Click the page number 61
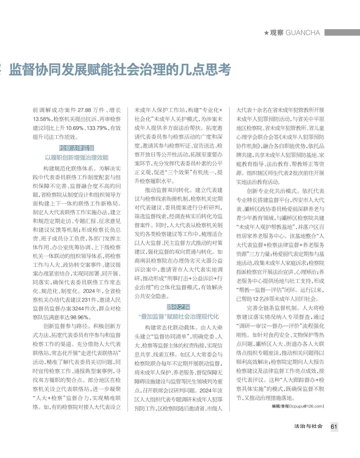pos(334,427)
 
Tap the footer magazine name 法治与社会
pos(308,426)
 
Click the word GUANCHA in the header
pos(303,33)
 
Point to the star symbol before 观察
pos(266,33)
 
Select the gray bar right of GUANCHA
pos(342,32)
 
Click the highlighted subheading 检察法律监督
pos(77,148)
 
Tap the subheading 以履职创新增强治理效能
pos(77,158)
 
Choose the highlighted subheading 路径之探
pos(178,307)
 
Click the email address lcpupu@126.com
pos(306,406)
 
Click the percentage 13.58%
pos(42,119)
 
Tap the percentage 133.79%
pos(97,128)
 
